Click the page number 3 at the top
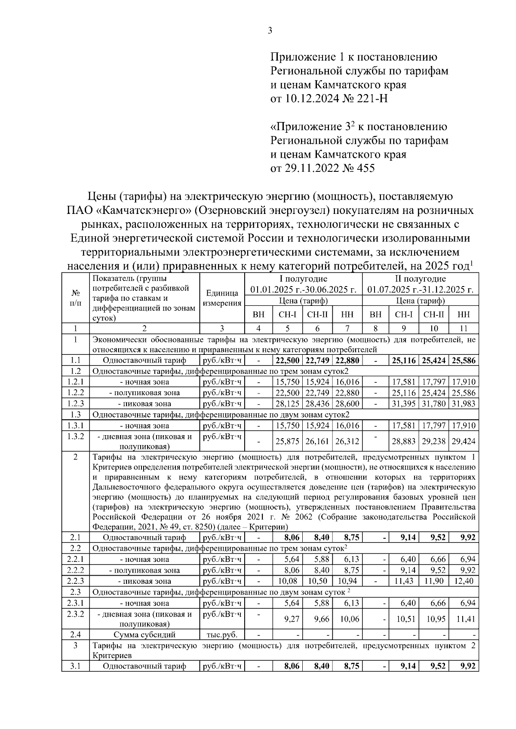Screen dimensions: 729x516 [x=270, y=30]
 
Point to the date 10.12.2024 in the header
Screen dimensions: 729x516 [x=307, y=99]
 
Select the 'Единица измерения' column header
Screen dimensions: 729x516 [x=222, y=298]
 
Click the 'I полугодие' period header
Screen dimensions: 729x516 [x=304, y=279]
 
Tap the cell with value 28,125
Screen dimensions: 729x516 [x=288, y=404]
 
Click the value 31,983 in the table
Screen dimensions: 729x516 [x=464, y=404]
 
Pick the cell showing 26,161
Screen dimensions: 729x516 [x=317, y=442]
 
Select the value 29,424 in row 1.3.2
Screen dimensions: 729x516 [x=464, y=442]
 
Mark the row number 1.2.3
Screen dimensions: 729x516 [x=75, y=404]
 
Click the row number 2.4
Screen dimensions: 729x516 [x=75, y=634]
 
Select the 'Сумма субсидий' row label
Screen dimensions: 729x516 [x=144, y=634]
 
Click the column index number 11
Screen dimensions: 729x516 [x=464, y=329]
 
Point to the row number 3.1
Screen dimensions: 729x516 [x=75, y=666]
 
